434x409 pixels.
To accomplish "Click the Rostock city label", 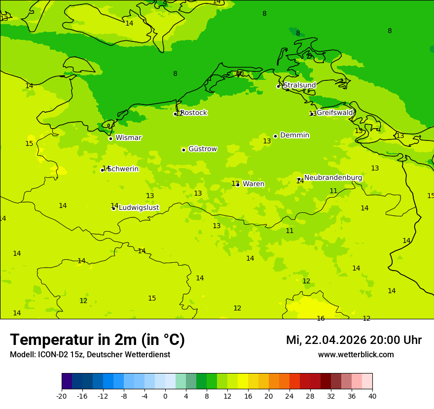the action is coord(194,113).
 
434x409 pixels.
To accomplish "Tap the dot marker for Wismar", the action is coord(110,138).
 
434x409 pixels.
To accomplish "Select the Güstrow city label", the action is coord(203,149).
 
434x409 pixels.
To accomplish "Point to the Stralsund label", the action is coord(299,85).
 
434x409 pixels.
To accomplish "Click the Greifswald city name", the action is coord(335,113).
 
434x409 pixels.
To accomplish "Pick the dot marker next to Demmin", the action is coord(275,136).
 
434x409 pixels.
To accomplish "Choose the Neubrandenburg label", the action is coord(333,177).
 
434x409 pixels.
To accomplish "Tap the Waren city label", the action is coord(253,184).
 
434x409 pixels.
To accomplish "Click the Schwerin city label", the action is coord(123,169).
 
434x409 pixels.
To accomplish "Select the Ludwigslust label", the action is coord(139,207).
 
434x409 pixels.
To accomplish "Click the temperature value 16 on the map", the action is coord(321,318).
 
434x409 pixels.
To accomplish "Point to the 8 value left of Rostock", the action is coord(175,74).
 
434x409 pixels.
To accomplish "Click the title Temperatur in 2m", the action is coord(97,340).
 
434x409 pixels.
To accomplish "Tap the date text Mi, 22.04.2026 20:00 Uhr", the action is coord(354,340).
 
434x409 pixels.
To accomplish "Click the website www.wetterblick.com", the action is coord(356,354).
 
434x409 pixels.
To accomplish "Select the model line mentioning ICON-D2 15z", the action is coord(90,354).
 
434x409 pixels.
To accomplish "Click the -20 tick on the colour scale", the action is coord(62,396).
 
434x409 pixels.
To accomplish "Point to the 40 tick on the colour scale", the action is coord(372,396).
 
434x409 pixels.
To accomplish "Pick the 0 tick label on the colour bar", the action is coord(165,396).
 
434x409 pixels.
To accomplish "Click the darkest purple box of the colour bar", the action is coord(67,381).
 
